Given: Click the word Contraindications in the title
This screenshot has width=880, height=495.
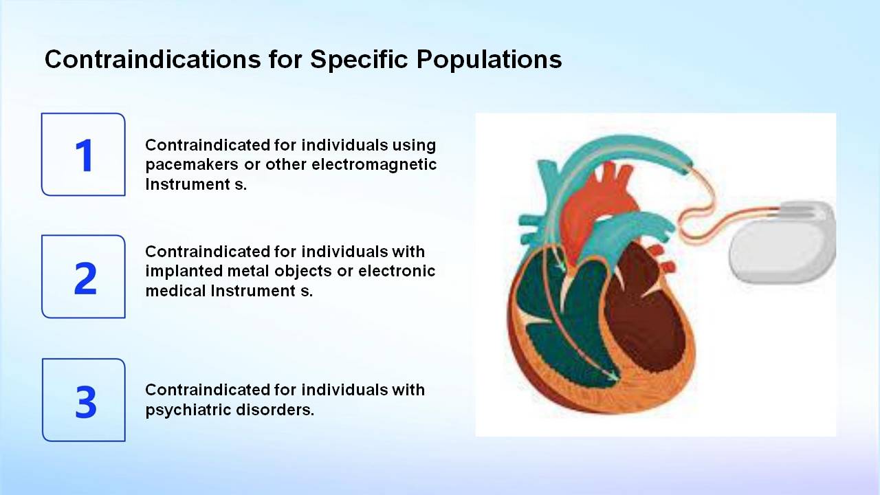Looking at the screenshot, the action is [x=153, y=60].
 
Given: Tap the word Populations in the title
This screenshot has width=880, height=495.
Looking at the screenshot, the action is [x=489, y=60].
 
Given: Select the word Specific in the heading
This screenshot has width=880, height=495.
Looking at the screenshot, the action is [x=359, y=60].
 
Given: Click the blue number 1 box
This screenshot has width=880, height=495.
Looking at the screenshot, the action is [x=83, y=155].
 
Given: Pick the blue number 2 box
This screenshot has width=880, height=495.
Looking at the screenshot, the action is [x=83, y=276].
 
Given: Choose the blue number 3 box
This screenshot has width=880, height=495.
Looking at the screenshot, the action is [x=84, y=400].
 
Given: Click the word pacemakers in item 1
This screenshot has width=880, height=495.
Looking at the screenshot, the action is [x=192, y=165].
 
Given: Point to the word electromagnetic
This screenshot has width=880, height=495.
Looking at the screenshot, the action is [x=374, y=164].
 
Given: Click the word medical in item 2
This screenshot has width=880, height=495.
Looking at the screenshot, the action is [x=175, y=291].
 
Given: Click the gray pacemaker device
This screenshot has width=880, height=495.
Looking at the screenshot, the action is [x=782, y=243].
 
